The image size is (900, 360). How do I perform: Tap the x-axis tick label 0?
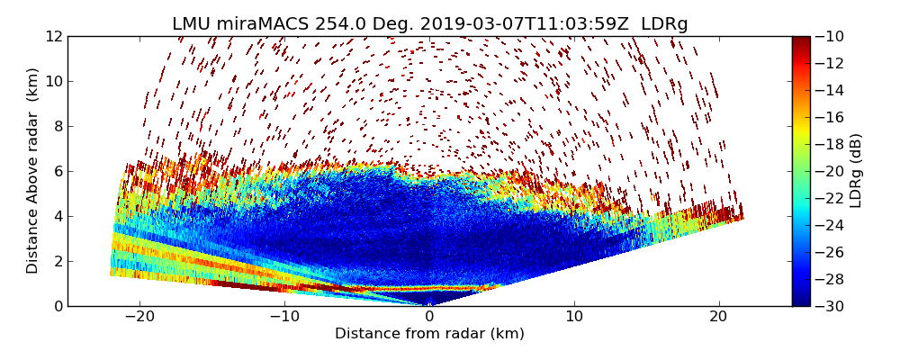click(429, 317)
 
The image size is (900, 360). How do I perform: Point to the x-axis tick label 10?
click(574, 317)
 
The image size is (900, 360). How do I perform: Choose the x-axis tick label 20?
click(718, 317)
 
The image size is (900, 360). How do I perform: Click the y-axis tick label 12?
click(54, 36)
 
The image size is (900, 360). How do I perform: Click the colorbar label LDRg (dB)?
click(856, 171)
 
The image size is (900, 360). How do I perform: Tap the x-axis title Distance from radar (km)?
click(429, 334)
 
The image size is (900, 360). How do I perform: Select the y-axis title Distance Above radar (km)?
click(33, 171)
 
